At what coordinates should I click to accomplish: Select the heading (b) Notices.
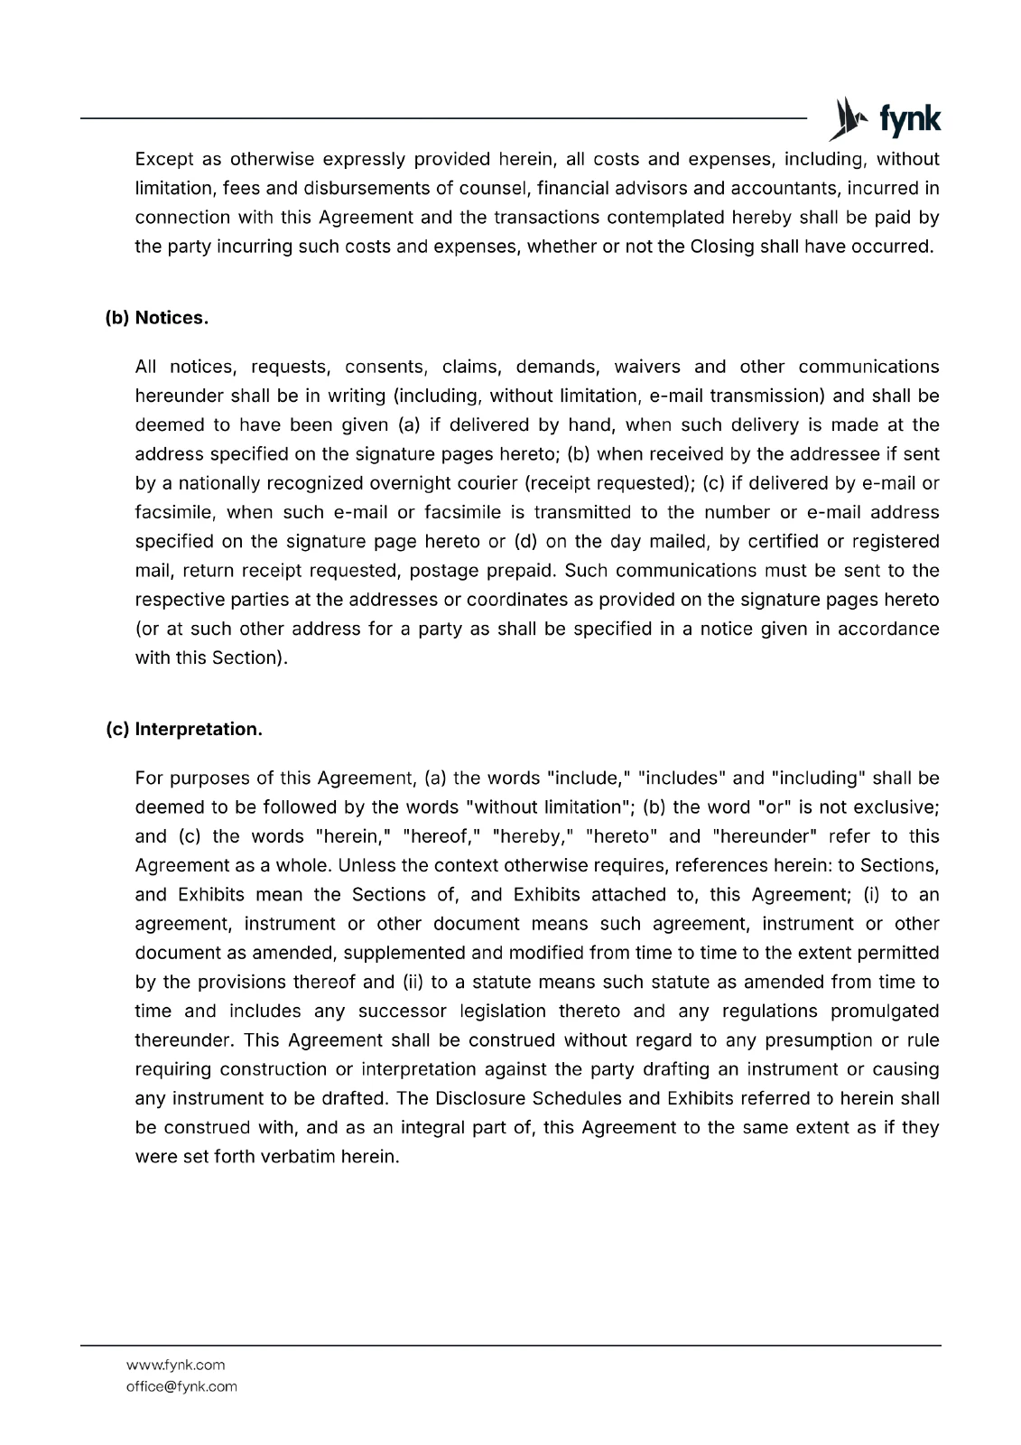click(x=157, y=318)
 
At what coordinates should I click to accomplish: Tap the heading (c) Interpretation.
click(x=184, y=729)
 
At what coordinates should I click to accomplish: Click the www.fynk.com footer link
click(x=175, y=1365)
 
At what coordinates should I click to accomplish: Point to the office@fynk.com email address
click(x=181, y=1386)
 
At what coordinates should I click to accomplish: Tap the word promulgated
click(x=885, y=1011)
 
